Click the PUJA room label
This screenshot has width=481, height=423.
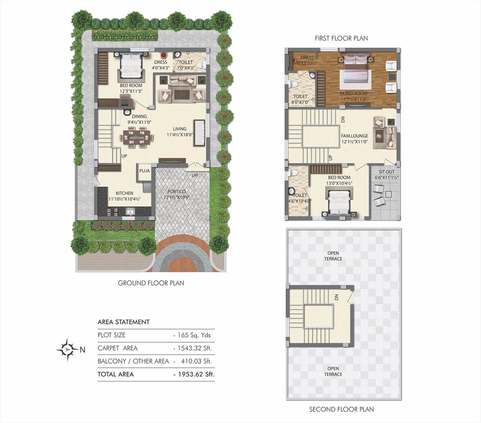[x=144, y=171]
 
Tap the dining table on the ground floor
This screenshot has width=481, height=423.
[x=137, y=137]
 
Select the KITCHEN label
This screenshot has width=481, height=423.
[x=124, y=193]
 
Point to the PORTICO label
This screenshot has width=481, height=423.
[x=177, y=192]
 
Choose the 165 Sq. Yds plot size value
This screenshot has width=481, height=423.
[x=192, y=335]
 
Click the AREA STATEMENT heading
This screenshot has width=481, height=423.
[x=124, y=322]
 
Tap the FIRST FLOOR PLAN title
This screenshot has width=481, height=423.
[x=341, y=38]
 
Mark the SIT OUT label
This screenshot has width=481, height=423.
[x=387, y=172]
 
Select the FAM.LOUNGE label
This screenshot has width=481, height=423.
[x=354, y=136]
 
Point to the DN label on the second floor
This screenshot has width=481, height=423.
[x=336, y=297]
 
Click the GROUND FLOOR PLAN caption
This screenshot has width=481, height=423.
[x=151, y=283]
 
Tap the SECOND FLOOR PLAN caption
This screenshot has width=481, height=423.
[x=342, y=409]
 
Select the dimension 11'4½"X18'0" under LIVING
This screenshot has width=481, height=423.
[x=180, y=134]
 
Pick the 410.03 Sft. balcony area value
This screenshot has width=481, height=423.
[x=194, y=361]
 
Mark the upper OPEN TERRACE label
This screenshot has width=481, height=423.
[x=333, y=256]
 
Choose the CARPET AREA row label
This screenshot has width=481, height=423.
[x=118, y=348]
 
